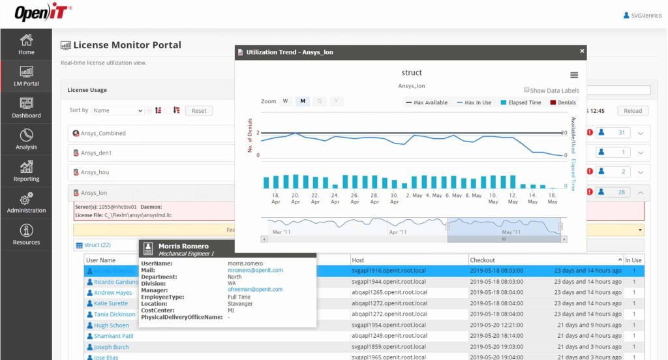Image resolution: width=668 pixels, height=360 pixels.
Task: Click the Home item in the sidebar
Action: coord(26,44)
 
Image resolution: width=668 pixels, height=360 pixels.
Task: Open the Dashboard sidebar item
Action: coord(26,108)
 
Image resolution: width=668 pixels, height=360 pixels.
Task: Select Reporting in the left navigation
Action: coord(26,171)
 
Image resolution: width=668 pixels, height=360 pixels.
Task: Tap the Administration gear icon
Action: coord(26,198)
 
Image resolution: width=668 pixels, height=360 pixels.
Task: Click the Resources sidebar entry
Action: coord(26,234)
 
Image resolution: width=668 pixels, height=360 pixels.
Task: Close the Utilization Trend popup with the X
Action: coord(582,52)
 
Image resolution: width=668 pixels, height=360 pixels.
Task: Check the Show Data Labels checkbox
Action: coord(526,91)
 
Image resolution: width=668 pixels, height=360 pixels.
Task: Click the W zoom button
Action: coord(285,102)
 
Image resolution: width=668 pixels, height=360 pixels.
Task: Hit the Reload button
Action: coord(633,111)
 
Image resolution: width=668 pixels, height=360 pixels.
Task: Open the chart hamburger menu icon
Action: coord(574,75)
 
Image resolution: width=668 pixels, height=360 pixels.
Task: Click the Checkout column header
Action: coord(483,260)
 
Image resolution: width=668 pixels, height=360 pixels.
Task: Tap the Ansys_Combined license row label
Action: coord(103,134)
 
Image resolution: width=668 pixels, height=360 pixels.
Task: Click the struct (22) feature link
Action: coord(97,245)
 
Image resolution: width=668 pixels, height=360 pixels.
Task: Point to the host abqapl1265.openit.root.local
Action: coord(389,293)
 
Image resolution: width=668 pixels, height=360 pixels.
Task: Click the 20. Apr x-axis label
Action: coord(296,198)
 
